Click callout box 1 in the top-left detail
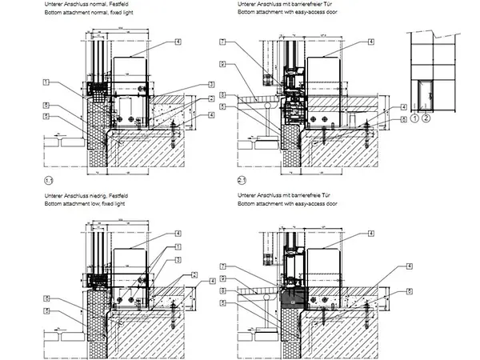(x=47, y=82)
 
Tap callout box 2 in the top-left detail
(x=213, y=98)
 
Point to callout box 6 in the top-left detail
(x=47, y=105)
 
